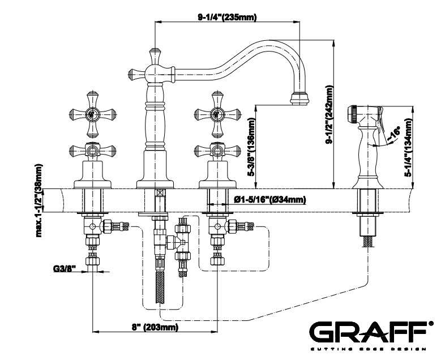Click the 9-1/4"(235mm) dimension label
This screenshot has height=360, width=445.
pos(227,17)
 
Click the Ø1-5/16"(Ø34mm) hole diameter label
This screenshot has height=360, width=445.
pos(269,199)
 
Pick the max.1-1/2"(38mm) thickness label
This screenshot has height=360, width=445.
pos(38,200)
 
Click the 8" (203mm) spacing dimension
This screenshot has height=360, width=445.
pos(155,327)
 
